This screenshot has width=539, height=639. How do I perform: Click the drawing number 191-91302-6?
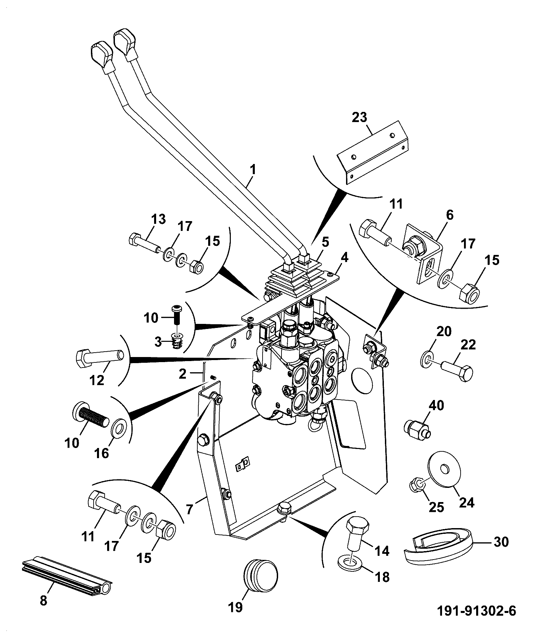tap(476, 611)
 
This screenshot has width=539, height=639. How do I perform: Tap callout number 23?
tap(359, 117)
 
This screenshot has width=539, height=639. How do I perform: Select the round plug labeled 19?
tap(260, 575)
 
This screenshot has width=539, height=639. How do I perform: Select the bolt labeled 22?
tap(457, 371)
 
